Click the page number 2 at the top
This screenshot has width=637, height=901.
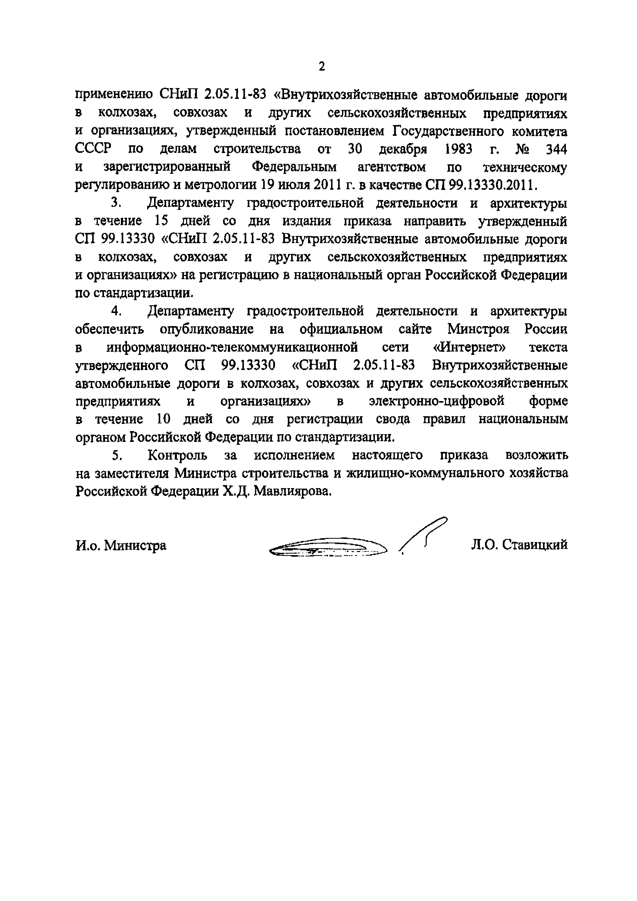[321, 67]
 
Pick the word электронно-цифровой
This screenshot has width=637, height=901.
[436, 401]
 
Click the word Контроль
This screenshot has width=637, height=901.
[177, 455]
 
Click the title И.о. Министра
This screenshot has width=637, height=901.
[121, 545]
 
